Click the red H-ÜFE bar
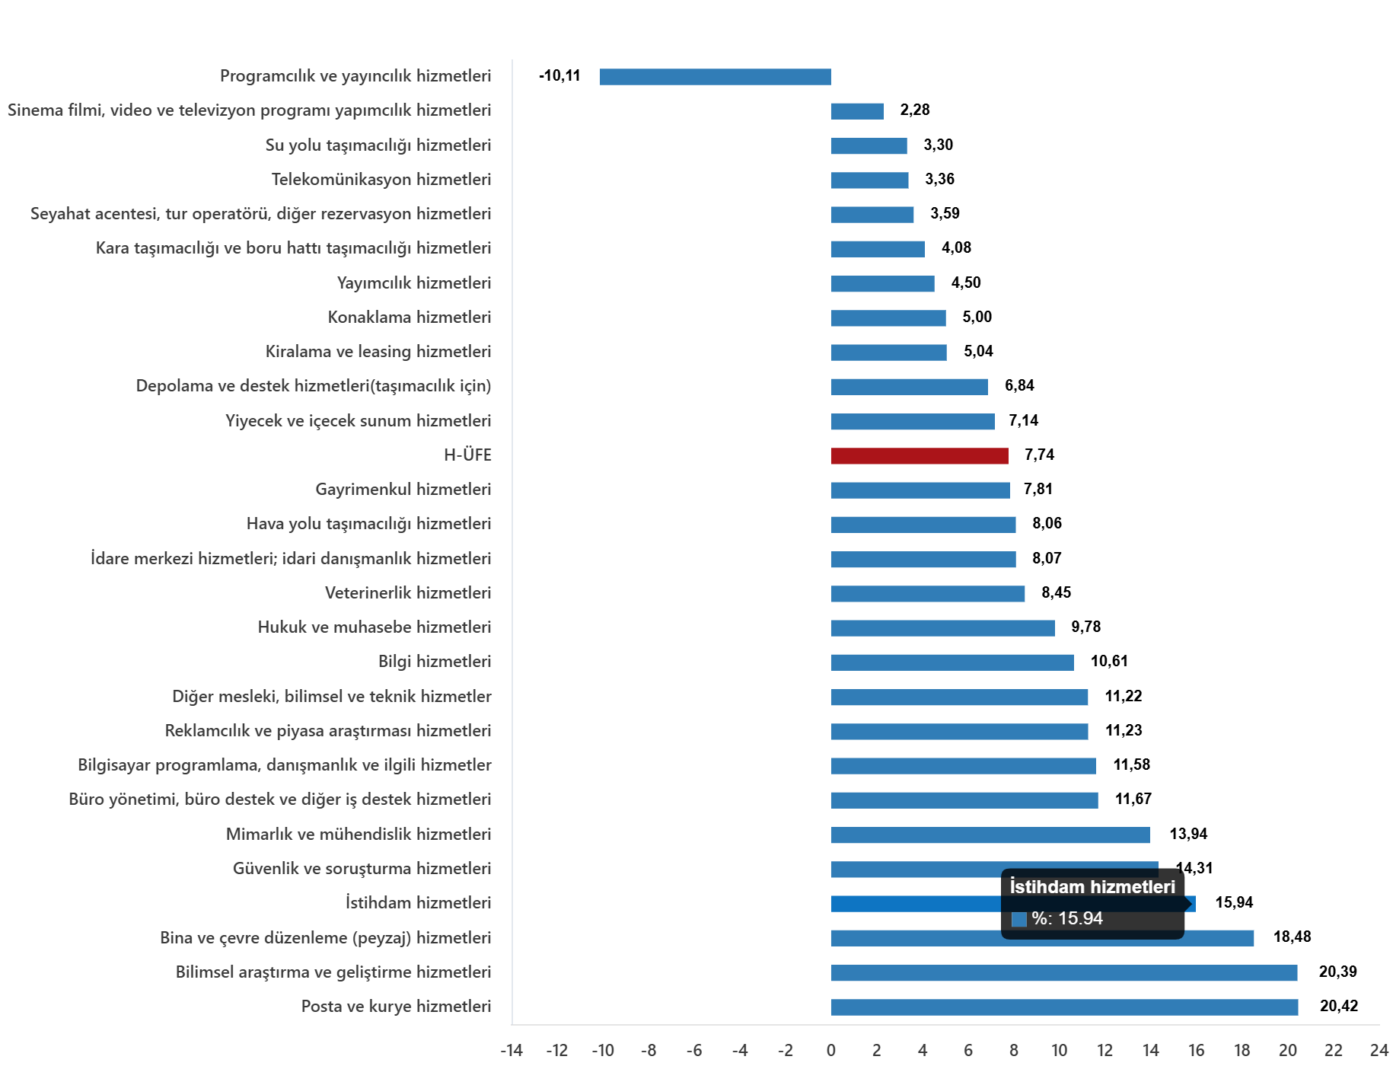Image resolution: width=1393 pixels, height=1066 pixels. [x=919, y=456]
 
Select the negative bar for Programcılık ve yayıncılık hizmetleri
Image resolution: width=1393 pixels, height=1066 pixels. [x=715, y=77]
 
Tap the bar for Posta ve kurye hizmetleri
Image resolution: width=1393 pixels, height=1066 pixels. [x=1063, y=1007]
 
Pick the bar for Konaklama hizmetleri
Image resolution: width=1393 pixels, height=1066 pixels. [x=888, y=318]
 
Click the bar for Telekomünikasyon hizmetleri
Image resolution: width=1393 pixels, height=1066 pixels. [x=869, y=180]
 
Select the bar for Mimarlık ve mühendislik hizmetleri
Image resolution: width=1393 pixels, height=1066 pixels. [x=990, y=835]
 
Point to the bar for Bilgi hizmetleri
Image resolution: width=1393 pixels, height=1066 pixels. [x=952, y=662]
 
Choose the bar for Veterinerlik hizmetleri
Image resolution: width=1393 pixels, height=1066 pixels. [x=927, y=594]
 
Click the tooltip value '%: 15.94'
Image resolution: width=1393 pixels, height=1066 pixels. [x=1067, y=918]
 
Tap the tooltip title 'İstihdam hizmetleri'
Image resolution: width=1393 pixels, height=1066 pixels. [x=1092, y=887]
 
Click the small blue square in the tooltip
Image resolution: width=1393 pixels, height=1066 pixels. [x=1018, y=919]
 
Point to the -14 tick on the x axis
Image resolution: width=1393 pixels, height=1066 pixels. [x=512, y=1051]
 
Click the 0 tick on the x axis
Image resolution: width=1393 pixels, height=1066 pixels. [x=831, y=1051]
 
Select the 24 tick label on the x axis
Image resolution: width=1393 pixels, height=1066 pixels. [x=1379, y=1051]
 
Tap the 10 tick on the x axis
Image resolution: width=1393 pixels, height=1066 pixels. [x=1060, y=1051]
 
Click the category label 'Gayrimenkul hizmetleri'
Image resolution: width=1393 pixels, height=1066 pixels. [x=403, y=490]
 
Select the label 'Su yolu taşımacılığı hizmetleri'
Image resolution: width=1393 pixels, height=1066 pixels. [x=378, y=145]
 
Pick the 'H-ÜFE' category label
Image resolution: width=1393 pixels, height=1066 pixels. [x=467, y=455]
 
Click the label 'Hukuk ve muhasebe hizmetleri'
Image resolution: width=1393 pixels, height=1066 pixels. [x=375, y=627]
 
